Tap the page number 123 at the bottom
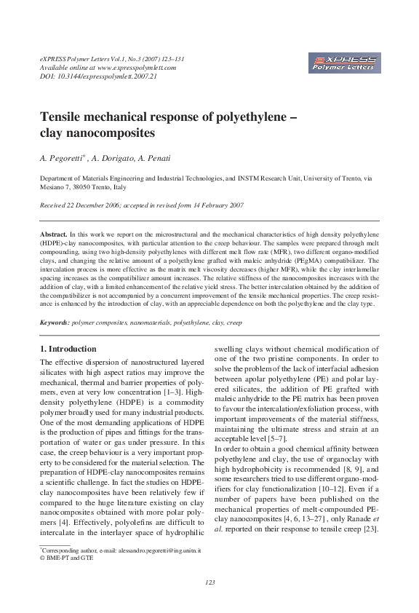(x=209, y=582)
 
